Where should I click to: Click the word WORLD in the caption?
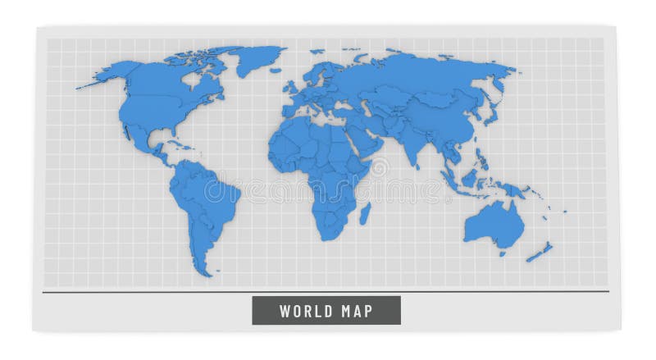click(x=305, y=311)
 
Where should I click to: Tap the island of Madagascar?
click(x=365, y=214)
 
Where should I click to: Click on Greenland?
click(x=254, y=59)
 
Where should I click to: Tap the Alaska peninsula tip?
click(x=80, y=85)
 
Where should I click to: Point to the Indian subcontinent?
click(x=410, y=148)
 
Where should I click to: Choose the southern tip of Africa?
click(x=330, y=238)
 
